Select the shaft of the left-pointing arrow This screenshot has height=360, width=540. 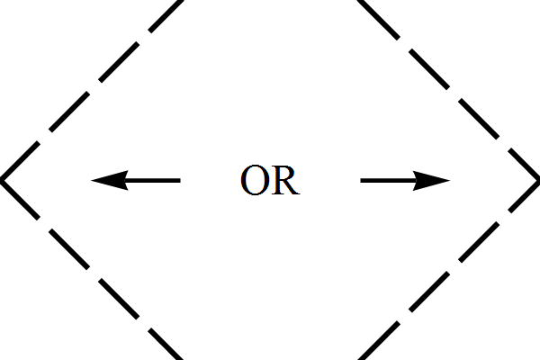(x=153, y=180)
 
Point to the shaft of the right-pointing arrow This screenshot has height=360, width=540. (x=387, y=180)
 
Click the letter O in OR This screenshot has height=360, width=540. (x=255, y=181)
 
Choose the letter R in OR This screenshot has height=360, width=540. (x=284, y=181)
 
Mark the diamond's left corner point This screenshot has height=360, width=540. (x=3, y=180)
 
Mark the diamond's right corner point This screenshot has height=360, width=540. (x=537, y=180)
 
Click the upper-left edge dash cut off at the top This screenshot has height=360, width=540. (x=174, y=9)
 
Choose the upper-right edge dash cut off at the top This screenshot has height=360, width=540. (x=366, y=9)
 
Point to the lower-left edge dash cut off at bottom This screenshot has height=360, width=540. (x=174, y=351)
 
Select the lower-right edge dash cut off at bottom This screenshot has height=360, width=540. (x=366, y=351)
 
